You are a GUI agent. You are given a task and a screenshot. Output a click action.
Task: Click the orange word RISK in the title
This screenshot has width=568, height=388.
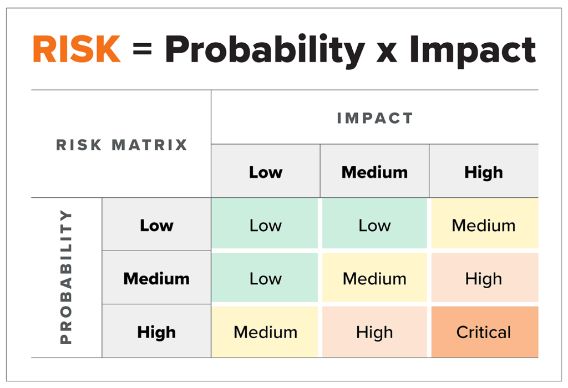coord(77,49)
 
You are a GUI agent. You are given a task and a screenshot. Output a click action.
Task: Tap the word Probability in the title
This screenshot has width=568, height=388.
coord(265,51)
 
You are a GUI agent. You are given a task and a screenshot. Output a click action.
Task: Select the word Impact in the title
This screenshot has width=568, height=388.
coord(473,51)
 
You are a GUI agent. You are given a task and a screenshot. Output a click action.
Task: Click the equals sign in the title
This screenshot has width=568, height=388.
coord(142,49)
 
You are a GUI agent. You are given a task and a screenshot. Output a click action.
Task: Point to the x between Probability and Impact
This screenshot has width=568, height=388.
coord(387,53)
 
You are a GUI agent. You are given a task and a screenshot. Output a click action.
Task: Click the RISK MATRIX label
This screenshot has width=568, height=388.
coord(121,145)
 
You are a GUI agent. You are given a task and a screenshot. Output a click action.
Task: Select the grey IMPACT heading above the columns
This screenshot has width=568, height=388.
coord(375,118)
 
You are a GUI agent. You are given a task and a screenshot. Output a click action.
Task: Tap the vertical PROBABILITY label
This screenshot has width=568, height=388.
coord(66,277)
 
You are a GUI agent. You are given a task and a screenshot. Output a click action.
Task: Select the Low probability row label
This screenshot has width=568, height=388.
coord(156,224)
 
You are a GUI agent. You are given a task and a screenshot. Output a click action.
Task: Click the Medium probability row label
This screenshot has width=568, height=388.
coord(156,278)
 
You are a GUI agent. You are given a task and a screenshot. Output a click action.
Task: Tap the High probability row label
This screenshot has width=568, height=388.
coord(156,331)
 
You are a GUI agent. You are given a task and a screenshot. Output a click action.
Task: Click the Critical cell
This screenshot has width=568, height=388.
coord(485,332)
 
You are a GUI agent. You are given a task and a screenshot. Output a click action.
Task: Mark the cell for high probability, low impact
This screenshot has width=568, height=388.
coord(265,332)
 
